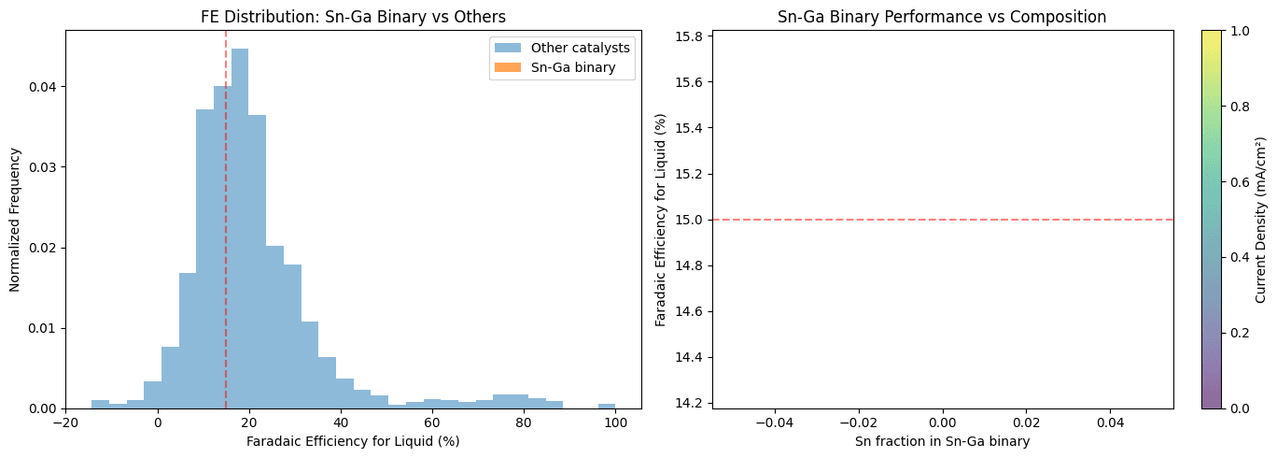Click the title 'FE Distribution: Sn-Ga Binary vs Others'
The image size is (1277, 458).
point(353,16)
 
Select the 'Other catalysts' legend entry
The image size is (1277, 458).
point(573,48)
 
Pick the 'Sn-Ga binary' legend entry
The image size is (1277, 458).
point(573,67)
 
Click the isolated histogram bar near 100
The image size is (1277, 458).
point(607,406)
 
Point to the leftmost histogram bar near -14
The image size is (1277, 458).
point(100,404)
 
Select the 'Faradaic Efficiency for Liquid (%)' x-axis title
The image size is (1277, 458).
point(353,441)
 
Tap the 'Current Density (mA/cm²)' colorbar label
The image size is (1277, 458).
point(1261,220)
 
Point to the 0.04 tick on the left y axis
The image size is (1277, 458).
point(43,87)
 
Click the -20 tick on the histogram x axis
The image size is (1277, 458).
point(65,422)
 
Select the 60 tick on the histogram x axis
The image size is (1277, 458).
point(432,422)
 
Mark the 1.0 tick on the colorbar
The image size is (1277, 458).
point(1228,30)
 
